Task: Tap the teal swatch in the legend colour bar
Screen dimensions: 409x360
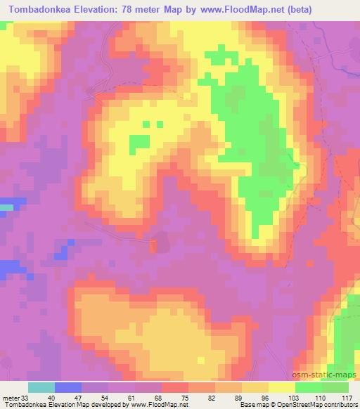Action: pyautogui.click(x=41, y=387)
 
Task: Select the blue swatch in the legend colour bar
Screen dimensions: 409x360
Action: pyautogui.click(x=68, y=387)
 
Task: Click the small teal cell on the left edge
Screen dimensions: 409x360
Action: pyautogui.click(x=6, y=207)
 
